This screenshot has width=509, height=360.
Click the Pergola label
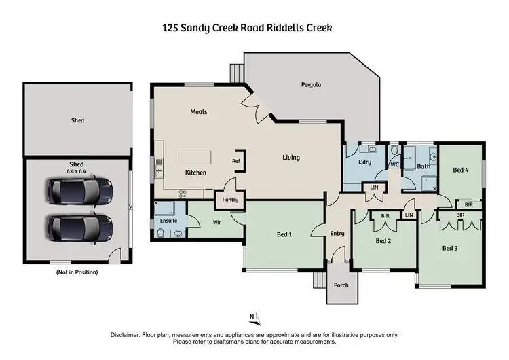click(x=311, y=85)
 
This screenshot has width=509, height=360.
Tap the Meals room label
click(x=198, y=111)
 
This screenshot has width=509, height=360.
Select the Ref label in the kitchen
click(x=235, y=161)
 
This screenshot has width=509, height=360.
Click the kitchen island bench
click(x=195, y=158)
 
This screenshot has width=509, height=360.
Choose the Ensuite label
click(x=169, y=221)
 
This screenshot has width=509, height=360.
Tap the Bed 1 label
click(x=284, y=235)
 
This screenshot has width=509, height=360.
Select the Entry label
click(x=337, y=234)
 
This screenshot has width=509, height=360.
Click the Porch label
click(x=341, y=285)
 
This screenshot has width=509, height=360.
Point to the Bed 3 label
click(x=450, y=248)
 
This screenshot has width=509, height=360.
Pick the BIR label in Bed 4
click(x=468, y=204)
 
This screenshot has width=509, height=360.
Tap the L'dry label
click(x=364, y=164)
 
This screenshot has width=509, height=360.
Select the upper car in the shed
click(x=77, y=191)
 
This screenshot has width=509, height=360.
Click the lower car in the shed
click(x=77, y=227)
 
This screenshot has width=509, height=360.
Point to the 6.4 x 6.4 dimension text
click(x=78, y=171)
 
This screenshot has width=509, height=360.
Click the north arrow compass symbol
click(x=252, y=317)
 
